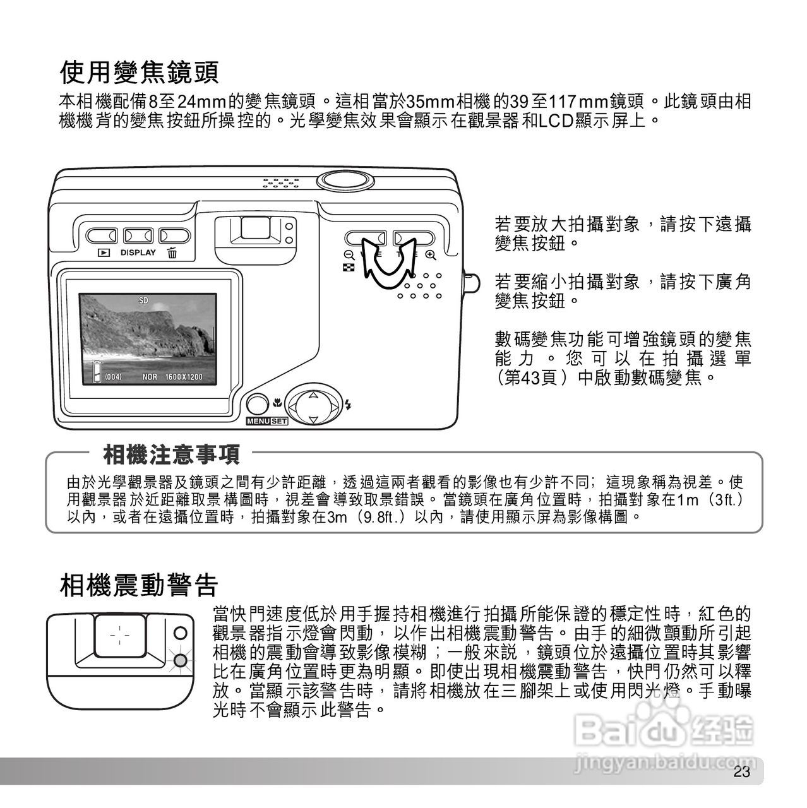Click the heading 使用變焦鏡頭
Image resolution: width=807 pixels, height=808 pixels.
[x=139, y=73]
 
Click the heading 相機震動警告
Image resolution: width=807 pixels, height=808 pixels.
[x=139, y=585]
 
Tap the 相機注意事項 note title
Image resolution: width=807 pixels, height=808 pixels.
[x=171, y=453]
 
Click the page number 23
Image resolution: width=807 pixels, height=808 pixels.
[x=741, y=773]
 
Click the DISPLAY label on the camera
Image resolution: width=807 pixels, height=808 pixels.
[x=138, y=252]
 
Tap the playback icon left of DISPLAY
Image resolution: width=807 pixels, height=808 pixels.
[x=103, y=253]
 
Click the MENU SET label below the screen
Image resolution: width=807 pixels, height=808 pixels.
[x=266, y=421]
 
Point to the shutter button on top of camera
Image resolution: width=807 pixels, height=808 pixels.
[x=344, y=179]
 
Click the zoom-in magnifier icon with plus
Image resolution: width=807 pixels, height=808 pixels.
[x=431, y=255]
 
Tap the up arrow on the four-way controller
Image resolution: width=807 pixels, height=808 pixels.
[x=312, y=395]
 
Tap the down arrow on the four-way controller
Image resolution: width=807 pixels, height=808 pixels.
[x=312, y=419]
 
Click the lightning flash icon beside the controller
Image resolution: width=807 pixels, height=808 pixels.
[x=348, y=405]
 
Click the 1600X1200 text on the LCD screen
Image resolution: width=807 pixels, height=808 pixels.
[x=184, y=377]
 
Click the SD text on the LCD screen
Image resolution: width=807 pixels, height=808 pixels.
[x=143, y=300]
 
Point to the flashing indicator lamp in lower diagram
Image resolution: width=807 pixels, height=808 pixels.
[x=181, y=660]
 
